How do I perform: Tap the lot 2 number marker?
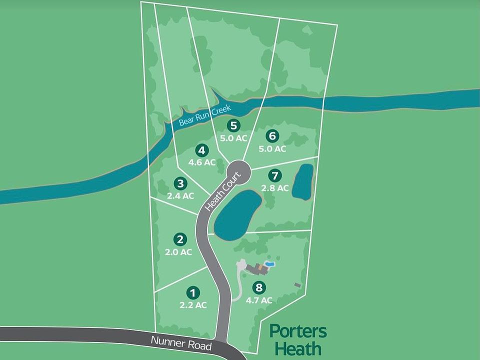coord(180,240)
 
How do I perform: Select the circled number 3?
coord(180,184)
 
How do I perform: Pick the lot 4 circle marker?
coord(201,150)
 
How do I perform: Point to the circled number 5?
coord(232,125)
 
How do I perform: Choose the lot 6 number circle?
coord(272,136)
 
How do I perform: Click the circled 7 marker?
coord(274,175)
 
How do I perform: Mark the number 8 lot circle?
coord(258,287)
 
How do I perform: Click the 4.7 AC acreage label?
coord(259,300)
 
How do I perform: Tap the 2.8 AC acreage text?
coord(275,188)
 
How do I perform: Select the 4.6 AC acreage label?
coord(202,162)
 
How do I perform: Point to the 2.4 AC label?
coord(180,196)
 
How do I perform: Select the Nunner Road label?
coord(181,343)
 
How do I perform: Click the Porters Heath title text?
coord(298,339)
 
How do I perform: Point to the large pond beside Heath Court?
coord(237,215)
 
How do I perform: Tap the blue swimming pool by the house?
coord(270,263)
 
